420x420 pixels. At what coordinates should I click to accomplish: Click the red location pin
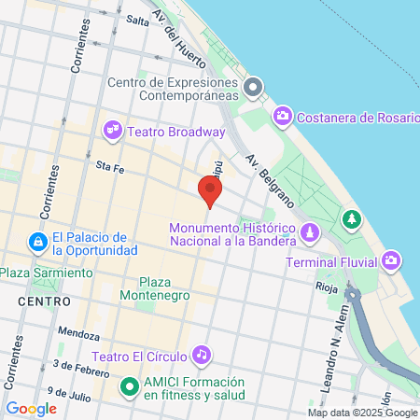tap(210, 190)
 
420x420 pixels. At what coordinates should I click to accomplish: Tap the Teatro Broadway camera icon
tap(114, 130)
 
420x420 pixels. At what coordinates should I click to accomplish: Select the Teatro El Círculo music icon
tap(201, 354)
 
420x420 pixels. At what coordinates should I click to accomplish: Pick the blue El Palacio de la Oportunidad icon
tap(36, 243)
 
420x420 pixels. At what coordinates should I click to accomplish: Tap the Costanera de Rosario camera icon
tap(281, 117)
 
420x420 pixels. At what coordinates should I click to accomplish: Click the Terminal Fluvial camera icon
tap(393, 259)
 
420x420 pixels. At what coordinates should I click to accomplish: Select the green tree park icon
tap(351, 218)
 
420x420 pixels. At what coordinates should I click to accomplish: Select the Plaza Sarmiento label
tap(46, 273)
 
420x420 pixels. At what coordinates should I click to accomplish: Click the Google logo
tap(31, 408)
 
